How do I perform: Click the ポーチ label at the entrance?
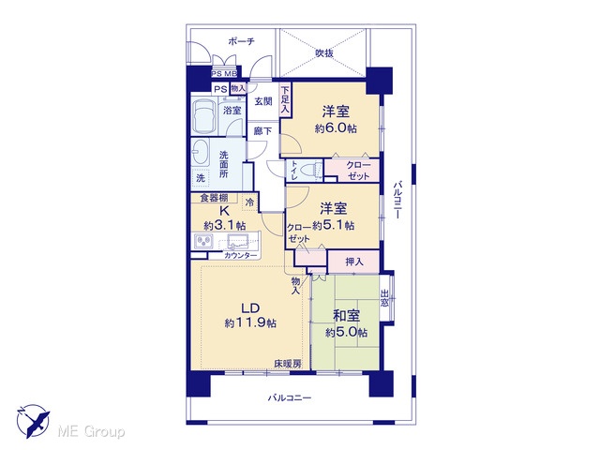coord(241,41)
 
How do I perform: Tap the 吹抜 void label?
coord(324,53)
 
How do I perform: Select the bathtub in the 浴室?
coord(203,115)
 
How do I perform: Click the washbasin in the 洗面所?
coord(200,152)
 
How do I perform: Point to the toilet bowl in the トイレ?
coord(312,170)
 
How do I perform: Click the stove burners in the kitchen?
coord(203,241)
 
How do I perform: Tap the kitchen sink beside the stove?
coord(236,241)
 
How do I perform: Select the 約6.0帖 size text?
coord(336,128)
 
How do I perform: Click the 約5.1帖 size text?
coord(333,225)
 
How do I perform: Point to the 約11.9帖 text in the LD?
coord(250,322)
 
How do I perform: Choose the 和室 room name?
coord(346,316)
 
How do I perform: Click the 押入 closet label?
coord(354,262)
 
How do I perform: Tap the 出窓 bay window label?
coord(384,298)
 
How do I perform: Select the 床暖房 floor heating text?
coord(288,364)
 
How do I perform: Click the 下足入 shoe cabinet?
coord(285,99)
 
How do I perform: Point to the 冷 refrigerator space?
coord(249,202)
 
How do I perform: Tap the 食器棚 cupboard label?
coord(215,198)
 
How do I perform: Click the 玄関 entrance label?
coord(263,101)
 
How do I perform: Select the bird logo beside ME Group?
coord(33,421)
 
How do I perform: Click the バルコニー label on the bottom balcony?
coord(290,397)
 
